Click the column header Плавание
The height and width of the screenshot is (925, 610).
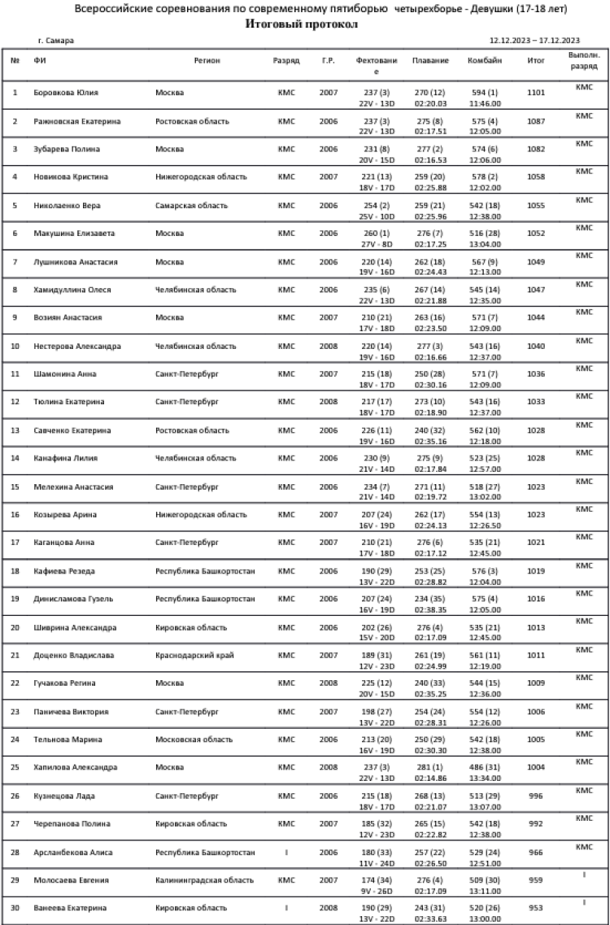tap(429, 61)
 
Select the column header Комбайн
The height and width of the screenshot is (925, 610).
tap(485, 61)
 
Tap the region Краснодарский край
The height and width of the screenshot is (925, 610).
tap(190, 655)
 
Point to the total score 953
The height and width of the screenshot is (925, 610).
tap(536, 908)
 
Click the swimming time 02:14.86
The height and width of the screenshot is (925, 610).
tap(429, 779)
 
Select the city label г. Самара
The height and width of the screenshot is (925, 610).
tap(54, 40)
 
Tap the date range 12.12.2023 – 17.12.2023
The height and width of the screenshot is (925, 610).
tap(534, 40)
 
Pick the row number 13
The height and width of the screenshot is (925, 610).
tap(15, 430)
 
